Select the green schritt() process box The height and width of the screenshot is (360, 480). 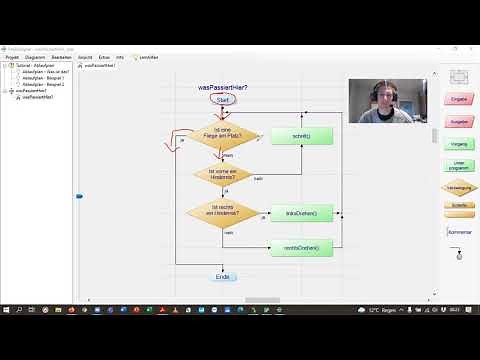tap(301, 136)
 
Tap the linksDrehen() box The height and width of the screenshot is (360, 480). tap(301, 214)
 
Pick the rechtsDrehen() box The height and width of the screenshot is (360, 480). tap(301, 246)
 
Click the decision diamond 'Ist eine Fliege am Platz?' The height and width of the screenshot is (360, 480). tap(223, 137)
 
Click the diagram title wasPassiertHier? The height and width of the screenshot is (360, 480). tap(223, 88)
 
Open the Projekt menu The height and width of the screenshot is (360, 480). tap(13, 58)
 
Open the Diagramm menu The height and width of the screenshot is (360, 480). tap(35, 58)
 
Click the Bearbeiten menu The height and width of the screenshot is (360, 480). tap(61, 58)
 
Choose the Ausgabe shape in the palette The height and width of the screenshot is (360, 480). tap(460, 122)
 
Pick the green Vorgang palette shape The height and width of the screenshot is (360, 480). tap(460, 144)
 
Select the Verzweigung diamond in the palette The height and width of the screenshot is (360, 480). tap(460, 187)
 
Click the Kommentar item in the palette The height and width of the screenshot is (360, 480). tap(460, 231)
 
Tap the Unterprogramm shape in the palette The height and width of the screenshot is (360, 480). tap(460, 166)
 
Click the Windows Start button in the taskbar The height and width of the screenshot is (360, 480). tap(7, 311)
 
